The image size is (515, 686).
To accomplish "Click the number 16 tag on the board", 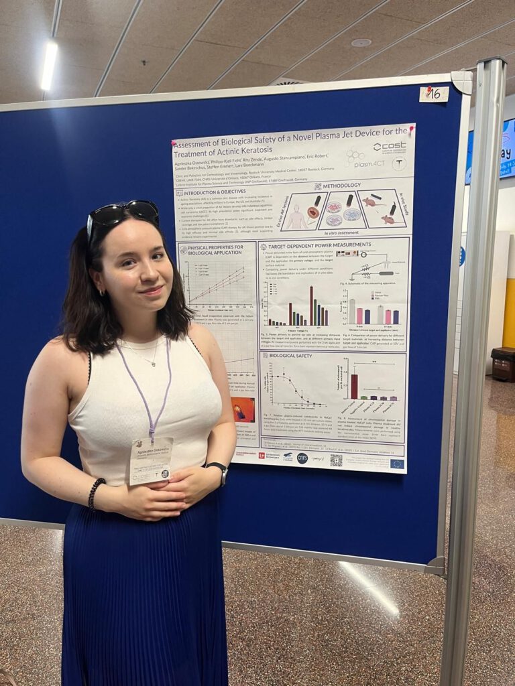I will click(x=434, y=94).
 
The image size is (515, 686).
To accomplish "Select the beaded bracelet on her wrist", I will click(x=95, y=493).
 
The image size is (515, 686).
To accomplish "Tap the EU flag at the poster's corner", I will click(x=396, y=463).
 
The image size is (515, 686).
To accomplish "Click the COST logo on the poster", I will click(x=390, y=147).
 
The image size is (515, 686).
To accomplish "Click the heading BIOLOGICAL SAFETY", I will click(x=290, y=356).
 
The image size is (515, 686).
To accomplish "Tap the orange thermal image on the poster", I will click(x=242, y=409).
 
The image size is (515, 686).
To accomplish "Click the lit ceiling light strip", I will click(x=49, y=65).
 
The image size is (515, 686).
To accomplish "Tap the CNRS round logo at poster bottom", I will click(x=302, y=458).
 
